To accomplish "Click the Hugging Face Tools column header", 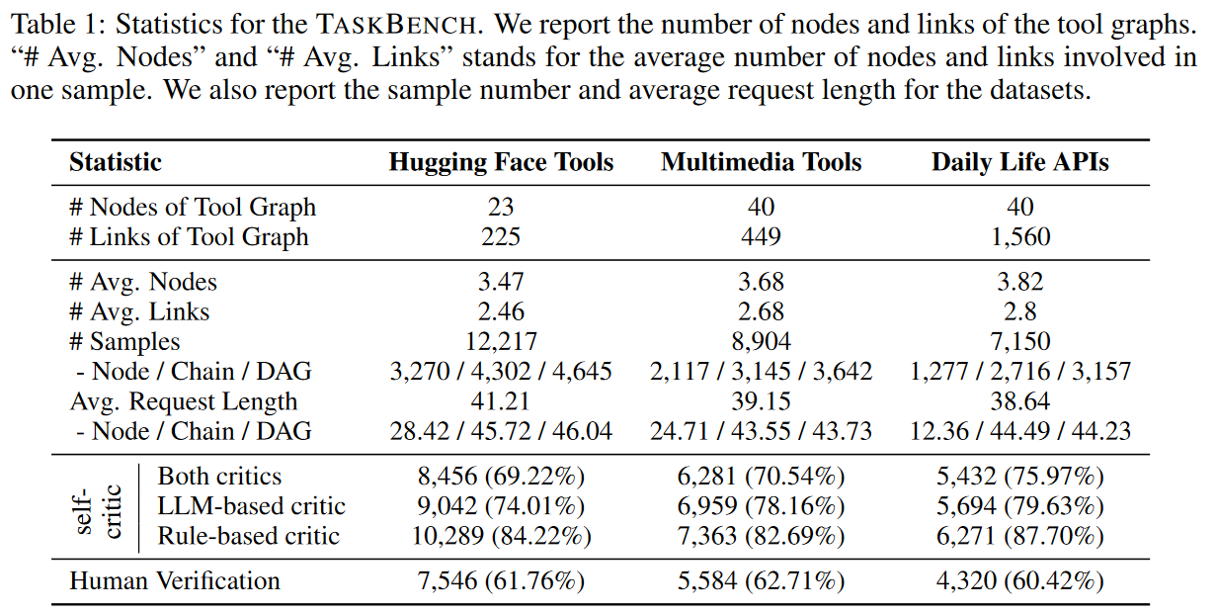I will pos(501,162).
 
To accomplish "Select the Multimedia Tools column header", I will pos(762,162).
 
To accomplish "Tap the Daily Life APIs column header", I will pos(1019,162).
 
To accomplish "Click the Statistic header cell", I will pos(116,162).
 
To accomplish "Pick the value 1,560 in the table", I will pos(1019,237).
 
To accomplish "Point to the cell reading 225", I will pos(501,237).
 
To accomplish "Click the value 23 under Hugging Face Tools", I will pos(501,208).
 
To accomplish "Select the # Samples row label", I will pos(124,342).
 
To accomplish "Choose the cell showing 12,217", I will pos(501,342).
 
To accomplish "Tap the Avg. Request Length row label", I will pos(183,401).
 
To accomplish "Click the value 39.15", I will pos(762,401).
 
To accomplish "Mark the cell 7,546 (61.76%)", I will pos(501,580).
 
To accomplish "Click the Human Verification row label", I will pos(175,580).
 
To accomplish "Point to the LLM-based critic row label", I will pos(252,506).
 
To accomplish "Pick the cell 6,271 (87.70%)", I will pos(1019,536).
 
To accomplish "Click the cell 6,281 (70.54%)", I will pos(762,477).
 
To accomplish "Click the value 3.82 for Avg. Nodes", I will pos(1019,282).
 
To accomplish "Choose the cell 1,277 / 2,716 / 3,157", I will pos(1019,372).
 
